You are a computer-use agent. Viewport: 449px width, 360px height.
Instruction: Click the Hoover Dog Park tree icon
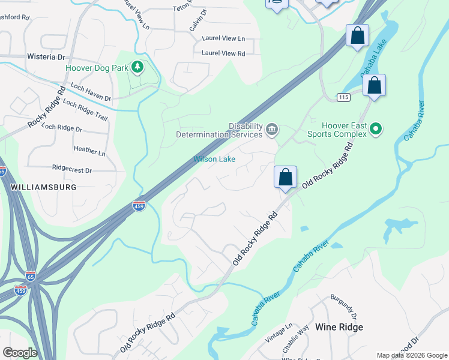click(x=137, y=67)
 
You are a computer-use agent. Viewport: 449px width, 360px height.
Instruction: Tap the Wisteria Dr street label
click(x=46, y=56)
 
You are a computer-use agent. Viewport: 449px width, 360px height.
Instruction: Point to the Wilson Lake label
click(x=214, y=159)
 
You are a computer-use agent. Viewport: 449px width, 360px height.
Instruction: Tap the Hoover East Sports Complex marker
click(x=376, y=128)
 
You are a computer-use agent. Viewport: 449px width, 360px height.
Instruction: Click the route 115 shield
click(x=343, y=97)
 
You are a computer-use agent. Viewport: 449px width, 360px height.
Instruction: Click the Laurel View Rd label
click(x=223, y=53)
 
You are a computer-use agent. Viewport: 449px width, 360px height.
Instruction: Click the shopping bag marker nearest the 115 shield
click(x=374, y=85)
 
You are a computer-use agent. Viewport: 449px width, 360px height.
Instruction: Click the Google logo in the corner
click(x=20, y=352)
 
